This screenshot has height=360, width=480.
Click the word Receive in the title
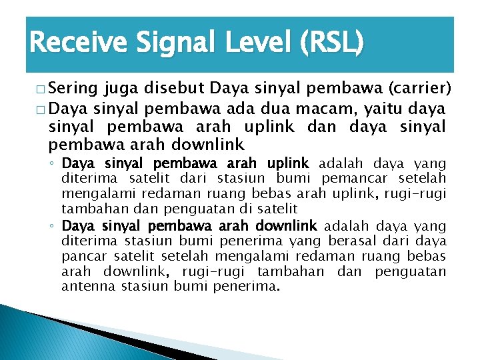click(73, 44)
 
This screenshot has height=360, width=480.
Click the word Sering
click(74, 89)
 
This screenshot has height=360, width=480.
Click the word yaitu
click(397, 108)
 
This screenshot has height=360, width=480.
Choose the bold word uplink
click(287, 163)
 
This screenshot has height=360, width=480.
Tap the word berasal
click(361, 241)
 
